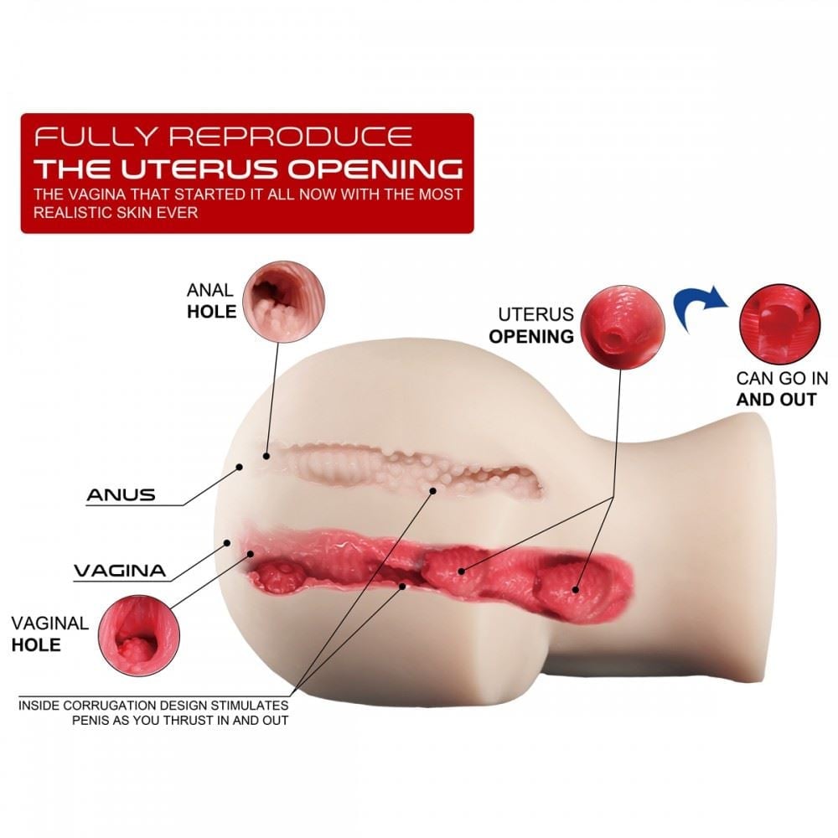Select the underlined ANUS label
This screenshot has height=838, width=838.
121,494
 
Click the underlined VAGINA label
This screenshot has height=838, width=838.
119,572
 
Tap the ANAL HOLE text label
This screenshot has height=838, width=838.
211,301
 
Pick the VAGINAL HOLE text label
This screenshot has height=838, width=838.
49,634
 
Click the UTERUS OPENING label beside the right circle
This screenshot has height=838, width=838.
535,325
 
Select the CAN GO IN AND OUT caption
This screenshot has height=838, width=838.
776,389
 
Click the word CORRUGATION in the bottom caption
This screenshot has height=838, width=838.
127,705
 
